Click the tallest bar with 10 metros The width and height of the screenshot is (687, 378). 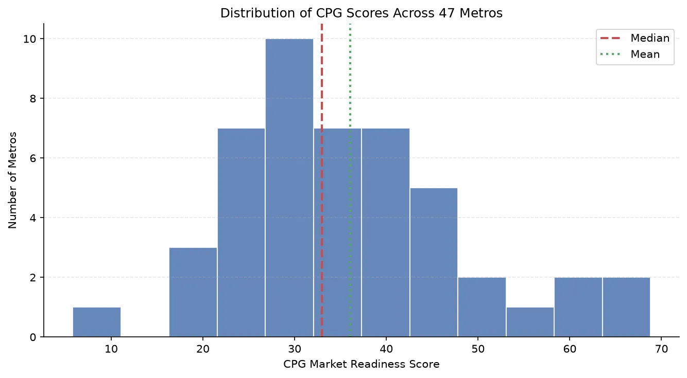pyautogui.click(x=289, y=188)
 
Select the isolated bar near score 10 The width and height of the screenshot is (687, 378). pyautogui.click(x=97, y=322)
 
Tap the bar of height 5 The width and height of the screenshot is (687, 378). pyautogui.click(x=434, y=262)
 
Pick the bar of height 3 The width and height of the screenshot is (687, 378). pyautogui.click(x=193, y=292)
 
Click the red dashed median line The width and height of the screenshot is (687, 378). pyautogui.click(x=322, y=180)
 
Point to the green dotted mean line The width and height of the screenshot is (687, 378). pyautogui.click(x=350, y=180)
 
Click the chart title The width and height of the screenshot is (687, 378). pyautogui.click(x=362, y=13)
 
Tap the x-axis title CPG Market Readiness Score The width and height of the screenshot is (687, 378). pyautogui.click(x=362, y=364)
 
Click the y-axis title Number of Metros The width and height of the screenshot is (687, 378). pyautogui.click(x=12, y=180)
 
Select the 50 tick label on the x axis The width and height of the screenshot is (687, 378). pyautogui.click(x=478, y=349)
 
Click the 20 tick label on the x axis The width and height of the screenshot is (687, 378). pyautogui.click(x=203, y=349)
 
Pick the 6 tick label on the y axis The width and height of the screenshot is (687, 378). pyautogui.click(x=32, y=158)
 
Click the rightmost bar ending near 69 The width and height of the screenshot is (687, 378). pyautogui.click(x=626, y=307)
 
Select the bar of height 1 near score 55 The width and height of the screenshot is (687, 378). pyautogui.click(x=530, y=322)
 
